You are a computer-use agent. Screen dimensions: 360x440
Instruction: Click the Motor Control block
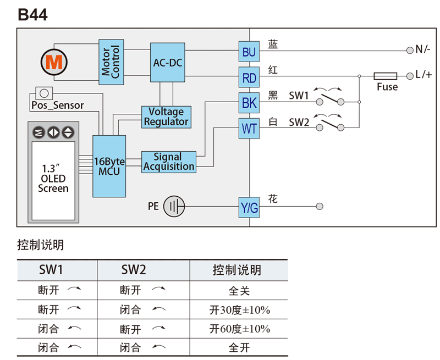pyautogui.click(x=112, y=62)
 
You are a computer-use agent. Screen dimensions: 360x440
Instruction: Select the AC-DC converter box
pyautogui.click(x=167, y=63)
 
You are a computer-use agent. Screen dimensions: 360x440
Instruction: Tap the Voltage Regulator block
pyautogui.click(x=166, y=117)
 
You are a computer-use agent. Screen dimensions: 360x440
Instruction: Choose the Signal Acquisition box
pyautogui.click(x=168, y=162)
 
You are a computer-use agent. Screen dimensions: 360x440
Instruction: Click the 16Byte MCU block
pyautogui.click(x=109, y=166)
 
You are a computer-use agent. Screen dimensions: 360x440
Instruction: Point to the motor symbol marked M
pyautogui.click(x=54, y=62)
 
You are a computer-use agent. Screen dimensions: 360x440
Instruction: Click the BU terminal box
pyautogui.click(x=249, y=52)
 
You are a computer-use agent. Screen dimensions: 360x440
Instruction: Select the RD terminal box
pyautogui.click(x=249, y=78)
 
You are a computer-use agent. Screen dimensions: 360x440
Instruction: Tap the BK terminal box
pyautogui.click(x=249, y=103)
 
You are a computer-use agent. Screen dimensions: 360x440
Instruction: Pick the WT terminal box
pyautogui.click(x=249, y=129)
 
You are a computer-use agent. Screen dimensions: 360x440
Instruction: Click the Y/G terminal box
pyautogui.click(x=249, y=208)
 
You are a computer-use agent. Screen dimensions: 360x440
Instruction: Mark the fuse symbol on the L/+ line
pyautogui.click(x=385, y=75)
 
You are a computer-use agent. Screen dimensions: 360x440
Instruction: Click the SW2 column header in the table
pyautogui.click(x=134, y=270)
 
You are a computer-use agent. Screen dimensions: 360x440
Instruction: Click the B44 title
pyautogui.click(x=32, y=15)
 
